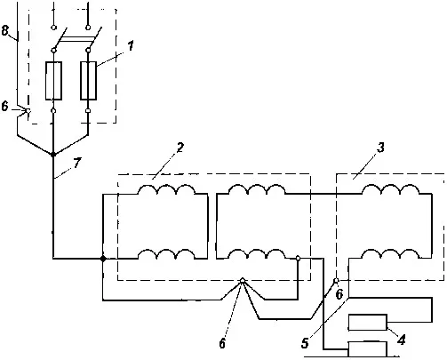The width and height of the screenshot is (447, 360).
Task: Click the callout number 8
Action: click(x=5, y=30)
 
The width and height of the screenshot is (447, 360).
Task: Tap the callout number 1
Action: click(x=131, y=46)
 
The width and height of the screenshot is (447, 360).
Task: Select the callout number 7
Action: click(x=77, y=163)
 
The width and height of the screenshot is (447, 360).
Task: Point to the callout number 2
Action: click(x=180, y=148)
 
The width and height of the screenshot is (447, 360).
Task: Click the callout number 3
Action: click(x=381, y=148)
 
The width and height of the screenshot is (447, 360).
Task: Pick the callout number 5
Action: click(x=305, y=343)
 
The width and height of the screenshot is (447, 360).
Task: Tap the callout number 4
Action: click(x=401, y=340)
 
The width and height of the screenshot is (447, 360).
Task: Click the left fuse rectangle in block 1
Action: click(x=53, y=81)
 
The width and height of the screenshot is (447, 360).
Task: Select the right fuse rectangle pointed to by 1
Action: click(x=88, y=81)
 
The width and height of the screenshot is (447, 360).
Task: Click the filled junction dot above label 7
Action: click(x=53, y=155)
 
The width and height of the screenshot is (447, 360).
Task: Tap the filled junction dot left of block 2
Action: click(x=103, y=259)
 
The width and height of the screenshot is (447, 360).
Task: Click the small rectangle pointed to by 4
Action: click(x=368, y=323)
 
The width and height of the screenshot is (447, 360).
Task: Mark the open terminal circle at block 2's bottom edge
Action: click(x=243, y=280)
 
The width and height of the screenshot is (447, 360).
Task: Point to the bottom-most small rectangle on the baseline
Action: click(x=368, y=349)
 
